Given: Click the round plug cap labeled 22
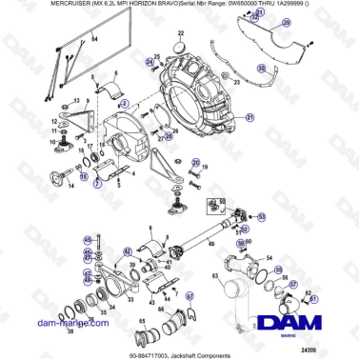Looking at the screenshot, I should click(x=178, y=48).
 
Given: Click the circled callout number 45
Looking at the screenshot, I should click(x=87, y=238).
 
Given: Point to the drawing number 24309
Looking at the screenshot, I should click(x=328, y=350).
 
